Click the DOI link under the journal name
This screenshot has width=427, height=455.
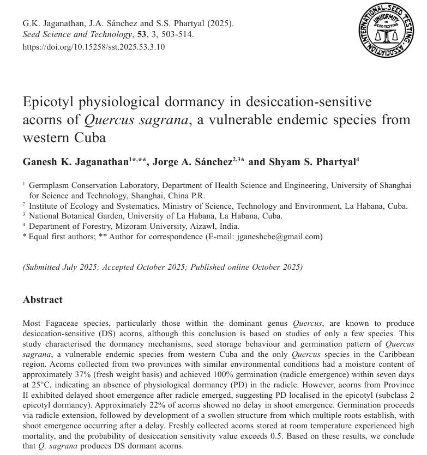tap(93, 47)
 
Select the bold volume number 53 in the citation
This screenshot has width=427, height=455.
tap(142, 34)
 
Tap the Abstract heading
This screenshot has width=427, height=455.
tap(43, 300)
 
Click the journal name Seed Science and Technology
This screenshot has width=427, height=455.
tap(77, 34)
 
